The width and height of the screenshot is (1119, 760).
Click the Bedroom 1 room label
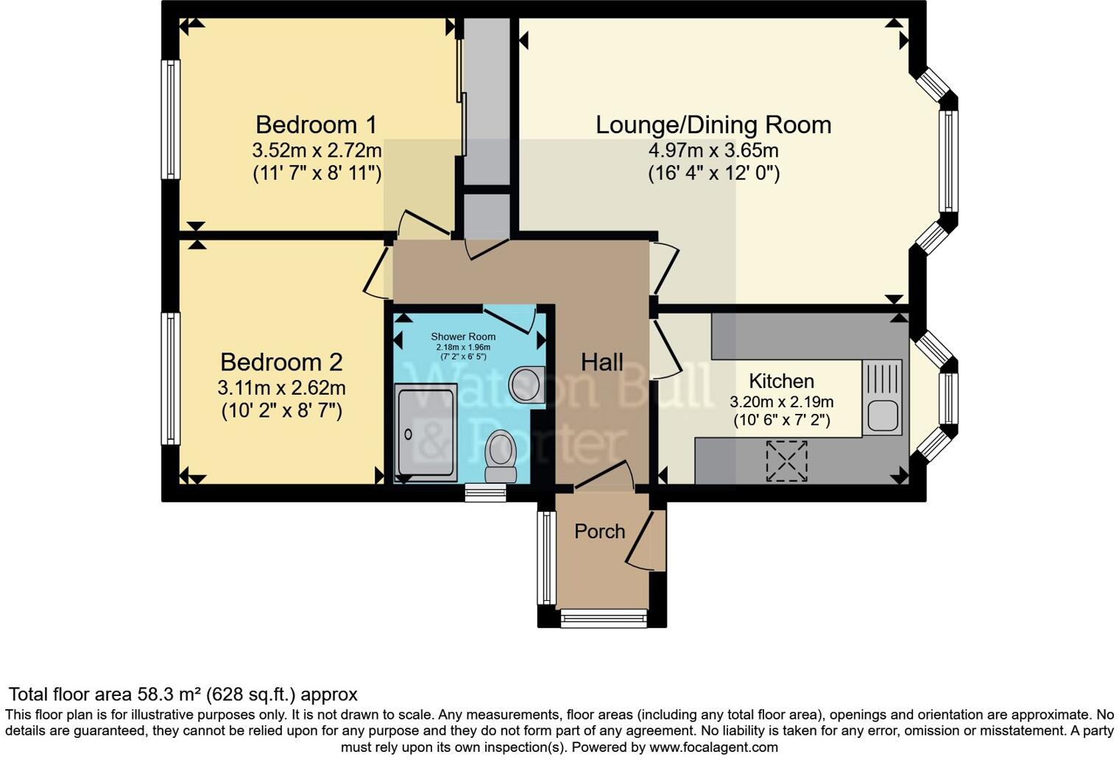(x=316, y=124)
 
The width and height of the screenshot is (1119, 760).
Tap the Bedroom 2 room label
(x=281, y=362)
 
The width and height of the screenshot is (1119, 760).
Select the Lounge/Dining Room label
(x=713, y=125)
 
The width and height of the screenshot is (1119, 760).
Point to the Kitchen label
(x=781, y=381)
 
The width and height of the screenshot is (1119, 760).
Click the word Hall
(x=602, y=362)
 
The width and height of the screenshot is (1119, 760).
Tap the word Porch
(x=599, y=531)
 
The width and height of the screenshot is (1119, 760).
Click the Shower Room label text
(x=463, y=337)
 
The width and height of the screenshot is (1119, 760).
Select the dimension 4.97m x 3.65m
(x=713, y=150)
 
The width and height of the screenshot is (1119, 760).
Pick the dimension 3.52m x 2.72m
(x=317, y=150)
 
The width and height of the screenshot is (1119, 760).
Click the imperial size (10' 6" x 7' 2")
(x=782, y=421)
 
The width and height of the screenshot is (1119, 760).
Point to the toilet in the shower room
(x=501, y=457)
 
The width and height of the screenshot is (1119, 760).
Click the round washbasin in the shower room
(x=526, y=384)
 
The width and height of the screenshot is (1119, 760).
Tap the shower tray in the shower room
(x=426, y=433)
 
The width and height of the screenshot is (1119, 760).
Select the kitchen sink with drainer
(x=882, y=397)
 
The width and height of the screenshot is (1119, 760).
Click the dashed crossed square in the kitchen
(x=787, y=461)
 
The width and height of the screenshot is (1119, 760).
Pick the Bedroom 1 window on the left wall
(x=170, y=119)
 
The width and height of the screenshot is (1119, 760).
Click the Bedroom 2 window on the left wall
(x=170, y=379)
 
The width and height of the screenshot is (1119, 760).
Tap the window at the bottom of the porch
(x=604, y=619)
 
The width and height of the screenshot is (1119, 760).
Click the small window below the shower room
(x=486, y=493)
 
